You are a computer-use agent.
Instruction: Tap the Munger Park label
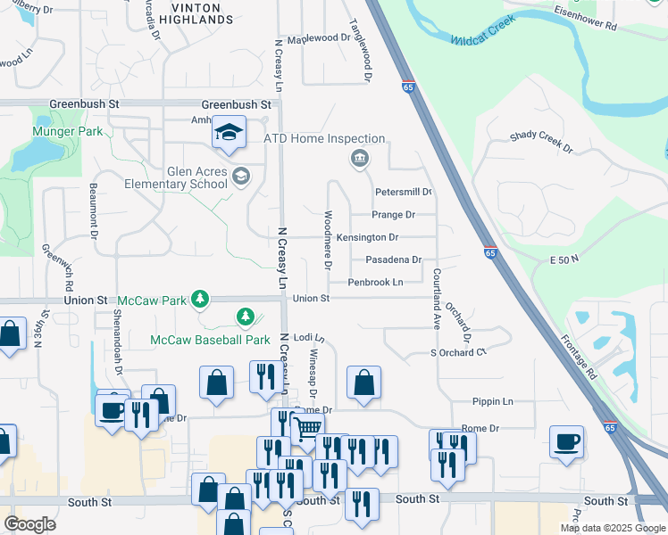click(67, 131)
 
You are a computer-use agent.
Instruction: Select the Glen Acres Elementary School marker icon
click(240, 176)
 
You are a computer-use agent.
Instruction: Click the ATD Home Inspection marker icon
click(359, 159)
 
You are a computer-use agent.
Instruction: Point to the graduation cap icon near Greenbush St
click(229, 134)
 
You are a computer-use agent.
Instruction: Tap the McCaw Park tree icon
click(202, 299)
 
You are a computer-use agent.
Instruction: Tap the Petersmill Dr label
click(404, 192)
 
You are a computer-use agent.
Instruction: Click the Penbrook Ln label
click(375, 282)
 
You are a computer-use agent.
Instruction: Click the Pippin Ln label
click(496, 402)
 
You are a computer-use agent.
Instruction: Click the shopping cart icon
click(307, 427)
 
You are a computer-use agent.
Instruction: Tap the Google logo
click(30, 524)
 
